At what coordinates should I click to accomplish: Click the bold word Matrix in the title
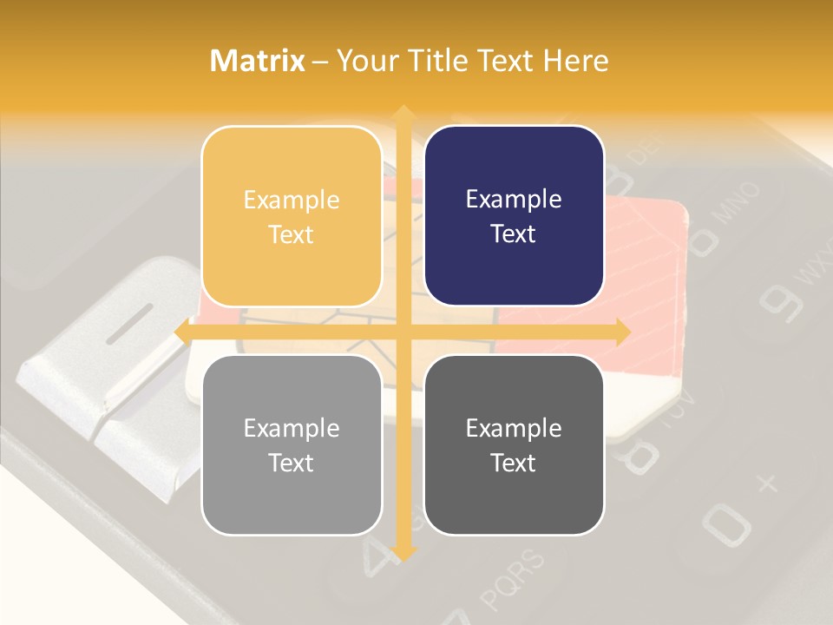pyautogui.click(x=258, y=61)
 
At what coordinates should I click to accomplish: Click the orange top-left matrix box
pyautogui.click(x=292, y=216)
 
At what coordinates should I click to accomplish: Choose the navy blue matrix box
pyautogui.click(x=514, y=216)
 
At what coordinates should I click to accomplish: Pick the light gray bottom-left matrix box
pyautogui.click(x=292, y=444)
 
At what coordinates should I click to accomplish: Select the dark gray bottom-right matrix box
pyautogui.click(x=514, y=444)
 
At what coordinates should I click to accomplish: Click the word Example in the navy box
pyautogui.click(x=514, y=199)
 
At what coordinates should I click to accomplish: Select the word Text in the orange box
pyautogui.click(x=292, y=234)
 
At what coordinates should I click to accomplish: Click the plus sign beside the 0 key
pyautogui.click(x=767, y=483)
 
